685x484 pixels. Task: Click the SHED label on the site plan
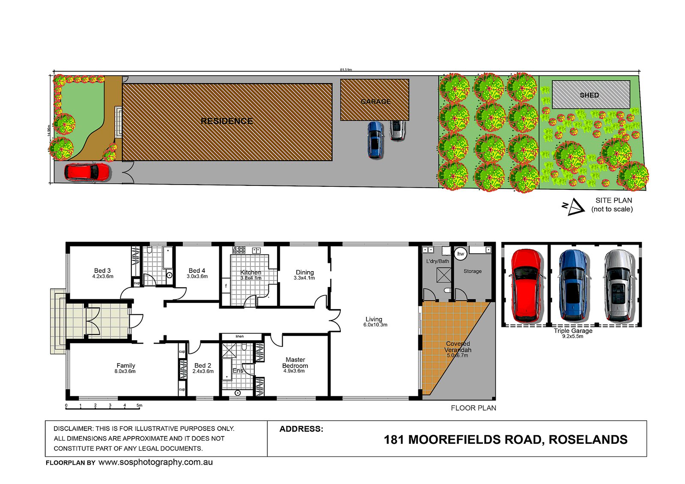589,95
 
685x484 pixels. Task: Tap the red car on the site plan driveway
87,172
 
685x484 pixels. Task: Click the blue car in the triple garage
573,286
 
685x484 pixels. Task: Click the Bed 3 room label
102,271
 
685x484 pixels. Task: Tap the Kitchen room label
251,272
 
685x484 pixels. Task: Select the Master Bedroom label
295,363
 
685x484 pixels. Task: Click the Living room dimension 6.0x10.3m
375,325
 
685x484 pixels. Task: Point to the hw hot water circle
461,254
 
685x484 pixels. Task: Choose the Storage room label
473,271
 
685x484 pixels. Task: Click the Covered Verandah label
458,347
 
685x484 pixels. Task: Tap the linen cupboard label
240,337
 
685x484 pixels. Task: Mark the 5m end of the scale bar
140,405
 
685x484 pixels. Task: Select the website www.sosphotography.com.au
155,462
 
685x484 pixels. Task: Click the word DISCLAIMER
73,429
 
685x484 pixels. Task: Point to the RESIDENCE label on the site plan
226,121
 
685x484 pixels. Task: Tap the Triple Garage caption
573,331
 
